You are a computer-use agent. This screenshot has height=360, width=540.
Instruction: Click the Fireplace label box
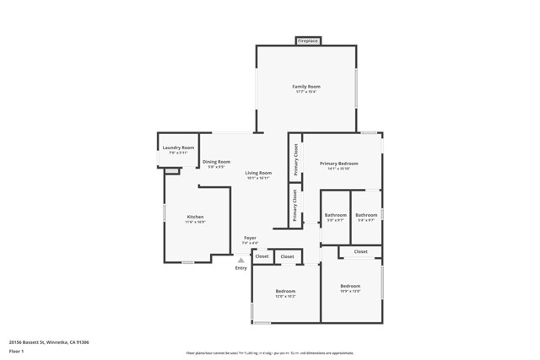pos(307,40)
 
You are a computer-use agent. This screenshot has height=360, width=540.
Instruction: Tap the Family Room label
pos(306,87)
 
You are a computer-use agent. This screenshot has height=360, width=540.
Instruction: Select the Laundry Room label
pos(178,148)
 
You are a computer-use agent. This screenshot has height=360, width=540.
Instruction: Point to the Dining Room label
pos(216,162)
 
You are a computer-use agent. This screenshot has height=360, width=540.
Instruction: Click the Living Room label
pos(258,173)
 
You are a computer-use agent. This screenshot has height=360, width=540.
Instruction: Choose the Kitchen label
pos(195,217)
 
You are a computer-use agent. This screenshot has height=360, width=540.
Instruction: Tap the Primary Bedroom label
pos(338,164)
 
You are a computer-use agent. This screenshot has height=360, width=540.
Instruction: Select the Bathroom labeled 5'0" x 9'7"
pos(335,215)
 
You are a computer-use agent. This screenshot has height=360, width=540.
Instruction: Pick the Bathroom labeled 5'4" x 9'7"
pos(366,215)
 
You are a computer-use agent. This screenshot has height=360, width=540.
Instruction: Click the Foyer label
pos(250,238)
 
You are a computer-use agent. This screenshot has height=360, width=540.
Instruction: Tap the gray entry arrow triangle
pos(240,261)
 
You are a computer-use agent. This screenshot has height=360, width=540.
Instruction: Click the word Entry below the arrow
pos(241,268)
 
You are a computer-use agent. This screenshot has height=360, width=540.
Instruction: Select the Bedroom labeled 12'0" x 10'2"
pos(285,292)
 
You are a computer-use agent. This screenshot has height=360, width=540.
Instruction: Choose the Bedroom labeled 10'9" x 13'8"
pos(350,286)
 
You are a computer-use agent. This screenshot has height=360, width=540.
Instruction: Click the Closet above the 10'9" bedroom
pos(360,251)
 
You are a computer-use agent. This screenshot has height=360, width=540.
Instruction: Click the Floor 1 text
pos(17,350)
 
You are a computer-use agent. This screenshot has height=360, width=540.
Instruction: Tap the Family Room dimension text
pos(306,92)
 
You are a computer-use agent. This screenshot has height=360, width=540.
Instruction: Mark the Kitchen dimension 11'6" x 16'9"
pos(195,222)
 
